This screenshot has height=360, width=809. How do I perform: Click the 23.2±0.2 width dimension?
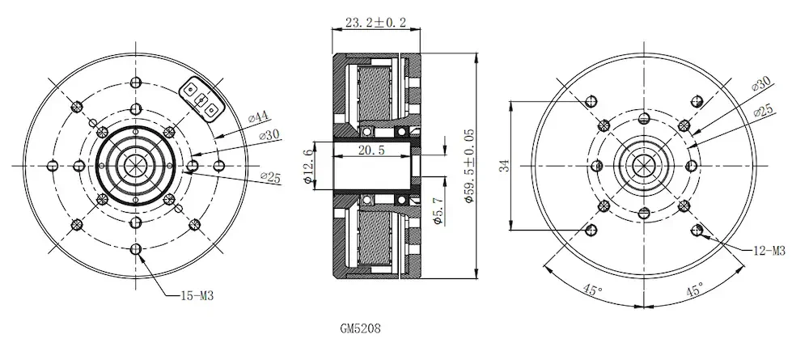(x=375, y=23)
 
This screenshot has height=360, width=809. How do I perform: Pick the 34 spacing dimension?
(x=503, y=166)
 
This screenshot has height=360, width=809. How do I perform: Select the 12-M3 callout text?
(x=768, y=252)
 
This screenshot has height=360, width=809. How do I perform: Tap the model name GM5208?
(x=360, y=330)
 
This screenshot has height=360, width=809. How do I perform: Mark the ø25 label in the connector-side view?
(x=270, y=177)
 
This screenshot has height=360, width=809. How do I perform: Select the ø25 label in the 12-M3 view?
(x=764, y=111)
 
